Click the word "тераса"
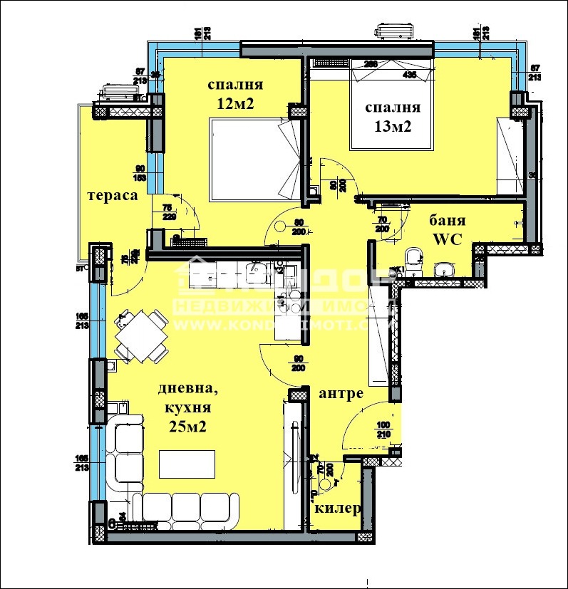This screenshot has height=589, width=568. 112,195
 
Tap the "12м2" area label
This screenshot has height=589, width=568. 236,104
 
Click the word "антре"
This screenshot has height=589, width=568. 341,393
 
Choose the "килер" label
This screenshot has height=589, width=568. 337,509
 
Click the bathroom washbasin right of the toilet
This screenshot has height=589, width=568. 445,269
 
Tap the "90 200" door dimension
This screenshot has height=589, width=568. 298,363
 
